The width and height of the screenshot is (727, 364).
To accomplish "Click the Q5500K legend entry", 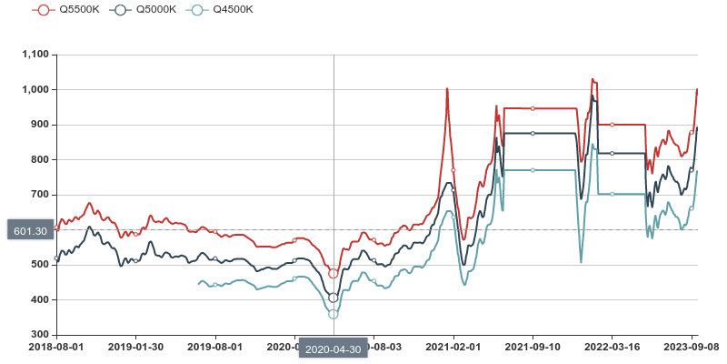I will point(59,10).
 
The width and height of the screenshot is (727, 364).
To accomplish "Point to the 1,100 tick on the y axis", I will point(35,55).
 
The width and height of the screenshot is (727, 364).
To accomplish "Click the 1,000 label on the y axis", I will point(35,90).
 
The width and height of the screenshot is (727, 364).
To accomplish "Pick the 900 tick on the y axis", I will point(40,125).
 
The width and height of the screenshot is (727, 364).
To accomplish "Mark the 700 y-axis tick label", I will point(40,195).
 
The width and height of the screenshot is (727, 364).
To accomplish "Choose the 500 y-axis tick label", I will point(40,265).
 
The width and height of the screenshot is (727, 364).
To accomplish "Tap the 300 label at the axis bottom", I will point(40,335).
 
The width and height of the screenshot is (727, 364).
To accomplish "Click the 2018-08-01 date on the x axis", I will point(55,347).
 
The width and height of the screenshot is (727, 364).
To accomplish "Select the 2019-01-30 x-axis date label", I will point(135,347).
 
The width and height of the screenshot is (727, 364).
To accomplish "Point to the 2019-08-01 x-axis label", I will point(215,347).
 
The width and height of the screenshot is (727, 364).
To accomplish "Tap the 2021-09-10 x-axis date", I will point(533,347).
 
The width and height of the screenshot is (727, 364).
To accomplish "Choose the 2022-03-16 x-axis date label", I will point(612,347).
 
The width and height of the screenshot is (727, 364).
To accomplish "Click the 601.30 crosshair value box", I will point(30,230).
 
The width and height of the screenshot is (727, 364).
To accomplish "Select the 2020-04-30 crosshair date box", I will point(333,349).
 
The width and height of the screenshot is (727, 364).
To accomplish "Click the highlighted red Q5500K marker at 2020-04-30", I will point(334,273).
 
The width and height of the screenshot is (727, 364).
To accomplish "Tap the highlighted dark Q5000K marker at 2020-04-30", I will point(334,298).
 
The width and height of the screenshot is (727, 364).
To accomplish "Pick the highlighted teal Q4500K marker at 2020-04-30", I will point(334,314).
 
